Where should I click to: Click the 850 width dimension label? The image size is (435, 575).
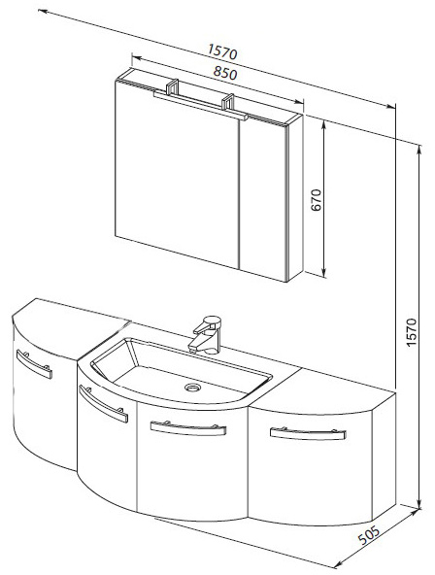(x=225, y=74)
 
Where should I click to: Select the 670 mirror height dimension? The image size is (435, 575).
(x=316, y=199)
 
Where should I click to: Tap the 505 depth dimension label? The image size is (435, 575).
(x=369, y=534)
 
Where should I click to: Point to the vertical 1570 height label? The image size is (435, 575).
(x=411, y=332)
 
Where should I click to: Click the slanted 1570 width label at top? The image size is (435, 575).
(x=222, y=51)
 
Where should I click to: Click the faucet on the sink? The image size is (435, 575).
(x=206, y=334)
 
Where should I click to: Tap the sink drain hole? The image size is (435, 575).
(x=192, y=387)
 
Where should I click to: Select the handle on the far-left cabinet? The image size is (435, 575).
(x=34, y=364)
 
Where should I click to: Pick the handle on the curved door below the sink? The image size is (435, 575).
(x=103, y=403)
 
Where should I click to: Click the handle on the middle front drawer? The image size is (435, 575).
(x=188, y=428)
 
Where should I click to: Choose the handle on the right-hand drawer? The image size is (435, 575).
(x=308, y=433)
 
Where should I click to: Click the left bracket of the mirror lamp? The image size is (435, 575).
(x=172, y=86)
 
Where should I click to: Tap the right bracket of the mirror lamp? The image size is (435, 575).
(x=227, y=102)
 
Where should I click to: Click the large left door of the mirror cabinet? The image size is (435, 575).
(x=178, y=174)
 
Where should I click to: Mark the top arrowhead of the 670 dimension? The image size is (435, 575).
(x=323, y=124)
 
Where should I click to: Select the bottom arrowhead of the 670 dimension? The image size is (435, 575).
(x=323, y=273)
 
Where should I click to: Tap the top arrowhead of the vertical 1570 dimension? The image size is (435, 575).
(x=419, y=149)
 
